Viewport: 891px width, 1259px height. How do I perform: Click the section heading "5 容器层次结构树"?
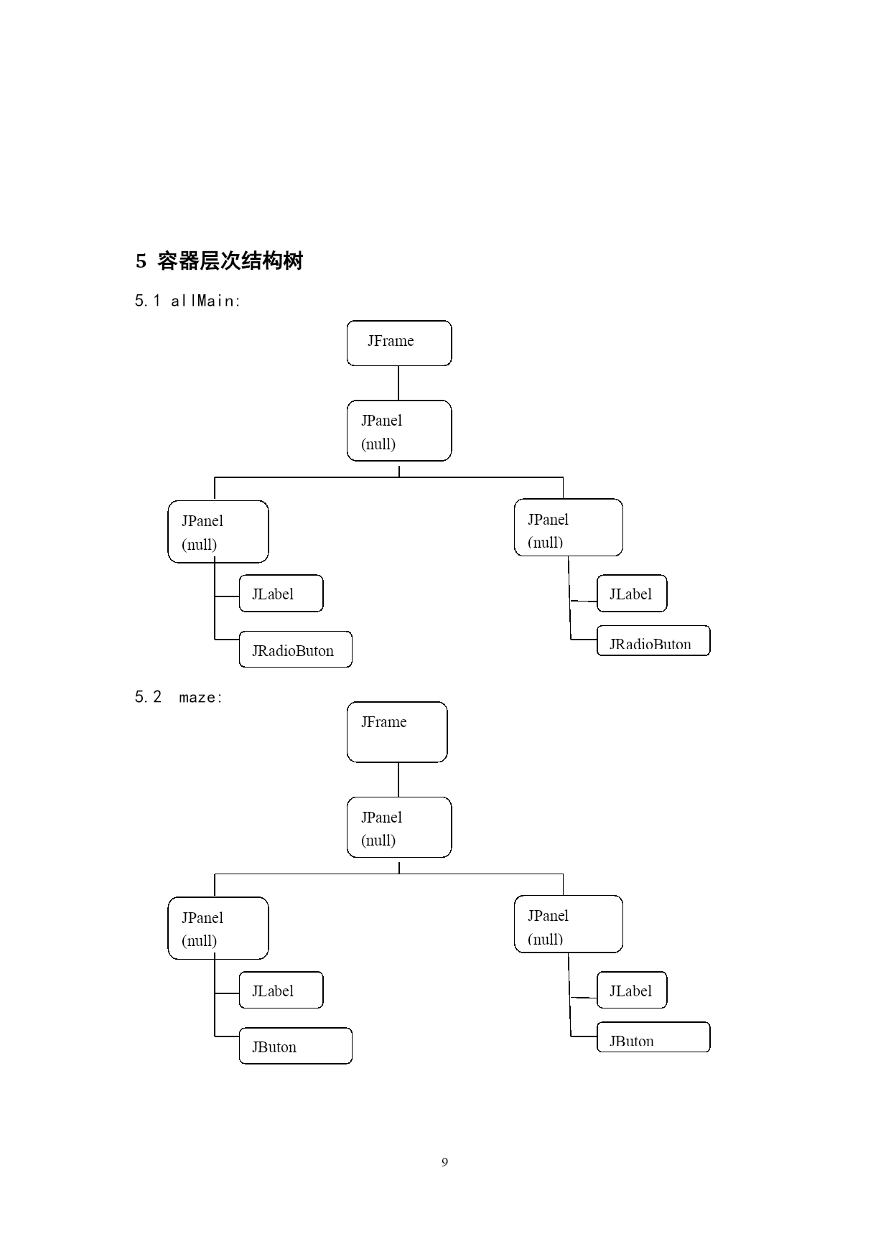(219, 261)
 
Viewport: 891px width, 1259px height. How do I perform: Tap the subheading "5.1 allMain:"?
(187, 301)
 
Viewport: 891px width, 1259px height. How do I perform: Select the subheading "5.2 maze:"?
(179, 697)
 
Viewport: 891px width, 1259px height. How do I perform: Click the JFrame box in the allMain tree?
(399, 343)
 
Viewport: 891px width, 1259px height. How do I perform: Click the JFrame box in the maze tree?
(397, 732)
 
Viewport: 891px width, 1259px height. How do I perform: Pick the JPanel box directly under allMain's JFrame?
(399, 431)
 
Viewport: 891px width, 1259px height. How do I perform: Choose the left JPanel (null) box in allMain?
(218, 532)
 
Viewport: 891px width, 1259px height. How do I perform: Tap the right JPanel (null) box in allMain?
(569, 528)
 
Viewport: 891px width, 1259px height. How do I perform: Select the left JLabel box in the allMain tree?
(281, 594)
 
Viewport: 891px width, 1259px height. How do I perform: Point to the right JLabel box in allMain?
(632, 594)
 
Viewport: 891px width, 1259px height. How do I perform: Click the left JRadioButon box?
(295, 650)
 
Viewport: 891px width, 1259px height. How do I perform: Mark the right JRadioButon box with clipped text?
(653, 640)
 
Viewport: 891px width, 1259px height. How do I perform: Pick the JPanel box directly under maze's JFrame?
(399, 827)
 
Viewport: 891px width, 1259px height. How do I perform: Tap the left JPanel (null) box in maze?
(218, 928)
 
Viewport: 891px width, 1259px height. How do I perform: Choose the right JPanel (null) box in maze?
(569, 924)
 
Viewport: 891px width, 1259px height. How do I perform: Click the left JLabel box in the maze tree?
(281, 990)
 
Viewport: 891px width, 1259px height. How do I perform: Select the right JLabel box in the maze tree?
(632, 990)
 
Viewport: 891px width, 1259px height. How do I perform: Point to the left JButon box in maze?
(295, 1046)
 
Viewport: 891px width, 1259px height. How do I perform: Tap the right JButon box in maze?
(653, 1037)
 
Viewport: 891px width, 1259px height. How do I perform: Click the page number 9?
(445, 1162)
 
